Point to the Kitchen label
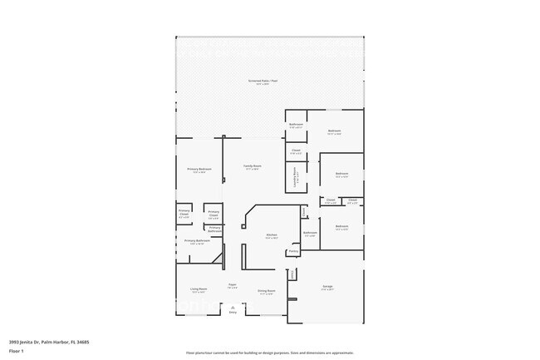click(x=271, y=235)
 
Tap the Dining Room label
click(x=267, y=291)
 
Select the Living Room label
click(x=199, y=290)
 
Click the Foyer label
click(x=233, y=285)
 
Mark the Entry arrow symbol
click(x=233, y=308)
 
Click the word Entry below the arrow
click(x=233, y=313)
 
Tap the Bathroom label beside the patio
click(x=296, y=125)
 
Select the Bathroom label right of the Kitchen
click(x=310, y=233)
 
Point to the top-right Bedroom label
click(x=334, y=131)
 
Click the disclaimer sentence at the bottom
click(x=269, y=352)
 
